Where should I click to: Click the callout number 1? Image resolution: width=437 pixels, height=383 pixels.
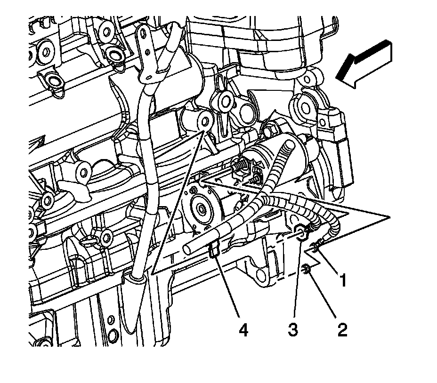click(x=343, y=280)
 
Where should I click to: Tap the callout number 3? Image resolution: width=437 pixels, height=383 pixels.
click(x=292, y=330)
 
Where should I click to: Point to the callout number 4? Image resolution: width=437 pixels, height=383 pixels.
click(x=243, y=330)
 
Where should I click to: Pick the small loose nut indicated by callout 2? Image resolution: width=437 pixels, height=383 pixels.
click(x=306, y=269)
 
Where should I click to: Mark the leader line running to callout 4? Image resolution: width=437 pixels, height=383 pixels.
click(x=228, y=287)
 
